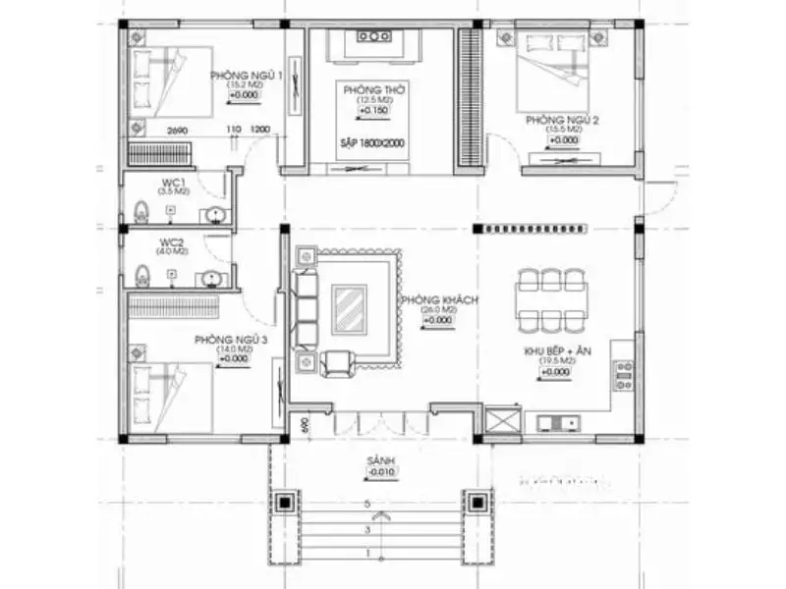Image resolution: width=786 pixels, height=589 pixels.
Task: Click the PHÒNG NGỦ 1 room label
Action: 246,76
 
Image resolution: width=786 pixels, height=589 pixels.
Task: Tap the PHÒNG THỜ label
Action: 368,89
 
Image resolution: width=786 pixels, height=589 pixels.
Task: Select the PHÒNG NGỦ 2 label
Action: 562,119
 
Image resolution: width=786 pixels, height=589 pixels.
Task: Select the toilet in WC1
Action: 140,209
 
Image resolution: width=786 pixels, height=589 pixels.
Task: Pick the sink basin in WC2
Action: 211,279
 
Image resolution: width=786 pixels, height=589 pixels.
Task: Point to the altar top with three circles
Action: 374,37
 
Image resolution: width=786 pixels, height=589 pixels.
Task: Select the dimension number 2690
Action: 177,131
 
